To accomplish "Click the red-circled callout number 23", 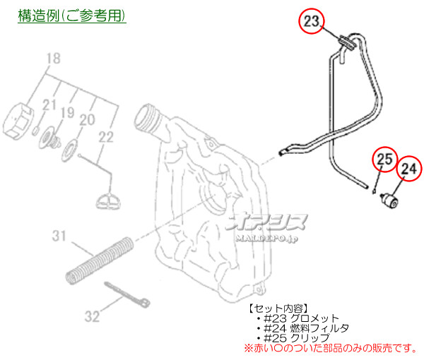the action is [311, 21].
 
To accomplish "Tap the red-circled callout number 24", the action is [409, 169].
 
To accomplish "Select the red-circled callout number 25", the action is [384, 159].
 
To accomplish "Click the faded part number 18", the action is [53, 59].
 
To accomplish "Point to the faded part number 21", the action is [49, 104].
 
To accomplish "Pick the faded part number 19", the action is [67, 112].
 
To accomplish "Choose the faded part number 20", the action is [87, 119].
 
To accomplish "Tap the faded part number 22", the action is [106, 137].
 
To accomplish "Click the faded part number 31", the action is [59, 236].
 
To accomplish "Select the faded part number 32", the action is [92, 316].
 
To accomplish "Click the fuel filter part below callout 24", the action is [389, 201].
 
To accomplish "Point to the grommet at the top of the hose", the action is [347, 42].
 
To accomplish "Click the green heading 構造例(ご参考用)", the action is [72, 16].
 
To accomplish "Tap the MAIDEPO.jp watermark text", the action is [266, 239].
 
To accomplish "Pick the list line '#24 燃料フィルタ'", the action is [306, 328].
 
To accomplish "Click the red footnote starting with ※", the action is [331, 348].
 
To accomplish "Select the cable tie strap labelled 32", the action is [127, 294].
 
